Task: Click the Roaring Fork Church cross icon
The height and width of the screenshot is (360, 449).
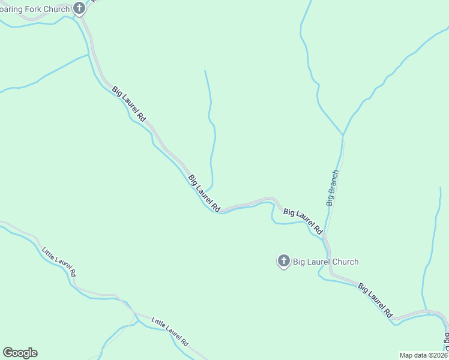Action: [79, 8]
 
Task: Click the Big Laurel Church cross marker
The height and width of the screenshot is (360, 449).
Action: [283, 261]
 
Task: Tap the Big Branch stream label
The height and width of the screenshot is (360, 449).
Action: [333, 188]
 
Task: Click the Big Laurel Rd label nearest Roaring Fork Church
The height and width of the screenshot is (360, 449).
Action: [129, 104]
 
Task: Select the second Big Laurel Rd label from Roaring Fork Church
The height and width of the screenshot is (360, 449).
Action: [205, 193]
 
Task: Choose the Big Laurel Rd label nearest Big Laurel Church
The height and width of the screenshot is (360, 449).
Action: [303, 221]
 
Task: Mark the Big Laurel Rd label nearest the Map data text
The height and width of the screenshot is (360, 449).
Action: [375, 300]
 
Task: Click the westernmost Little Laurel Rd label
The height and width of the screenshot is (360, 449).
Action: [59, 262]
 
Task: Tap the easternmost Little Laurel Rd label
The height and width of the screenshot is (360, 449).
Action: [170, 332]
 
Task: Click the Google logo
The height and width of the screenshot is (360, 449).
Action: [20, 353]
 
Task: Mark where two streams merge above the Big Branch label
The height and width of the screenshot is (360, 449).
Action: [343, 135]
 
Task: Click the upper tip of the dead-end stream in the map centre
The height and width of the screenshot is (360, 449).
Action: [205, 71]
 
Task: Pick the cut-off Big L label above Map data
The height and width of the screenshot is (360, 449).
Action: [446, 341]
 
